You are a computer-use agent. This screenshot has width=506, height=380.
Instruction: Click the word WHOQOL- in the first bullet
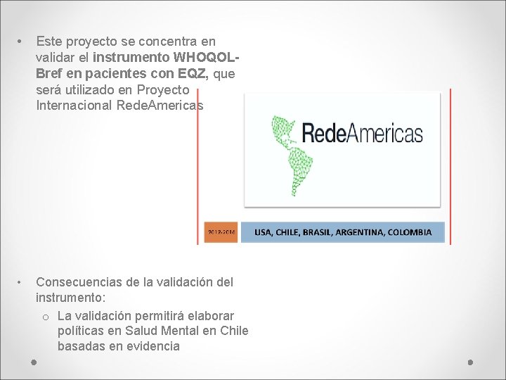coord(208,58)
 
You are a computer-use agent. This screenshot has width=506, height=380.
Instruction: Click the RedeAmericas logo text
coord(362,133)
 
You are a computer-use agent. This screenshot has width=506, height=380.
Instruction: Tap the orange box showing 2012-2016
coord(221,232)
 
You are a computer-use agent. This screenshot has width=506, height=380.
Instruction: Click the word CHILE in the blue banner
coord(292,232)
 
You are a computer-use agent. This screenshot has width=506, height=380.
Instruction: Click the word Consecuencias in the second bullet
coord(76,282)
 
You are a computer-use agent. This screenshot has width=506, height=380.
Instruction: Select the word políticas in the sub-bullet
coord(82,331)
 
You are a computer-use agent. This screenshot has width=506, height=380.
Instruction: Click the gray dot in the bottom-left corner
coord(34,362)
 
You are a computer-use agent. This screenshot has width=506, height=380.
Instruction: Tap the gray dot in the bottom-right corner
coord(471,362)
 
